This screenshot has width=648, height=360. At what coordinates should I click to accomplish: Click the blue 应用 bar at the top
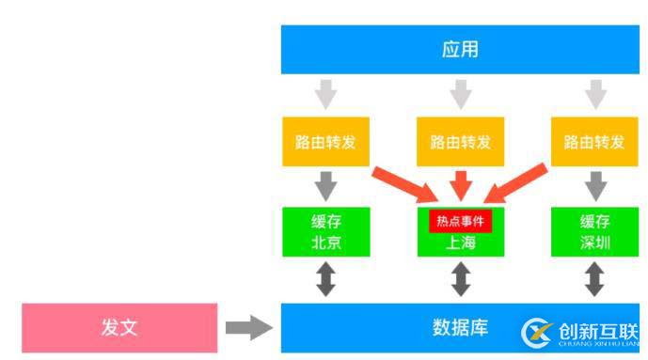coord(460,49)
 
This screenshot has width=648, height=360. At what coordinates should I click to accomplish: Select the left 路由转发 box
coord(325,142)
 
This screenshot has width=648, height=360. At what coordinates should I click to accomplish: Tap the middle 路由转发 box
coord(461,142)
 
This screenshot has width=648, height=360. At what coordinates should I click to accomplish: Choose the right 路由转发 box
coord(594,142)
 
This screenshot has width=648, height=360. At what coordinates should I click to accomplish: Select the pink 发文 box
coord(119,327)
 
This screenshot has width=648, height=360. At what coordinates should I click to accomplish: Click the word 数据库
coord(460,328)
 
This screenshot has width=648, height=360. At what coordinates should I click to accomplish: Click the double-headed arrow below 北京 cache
coord(325,279)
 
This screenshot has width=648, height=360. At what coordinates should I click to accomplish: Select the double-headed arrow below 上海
coord(461,279)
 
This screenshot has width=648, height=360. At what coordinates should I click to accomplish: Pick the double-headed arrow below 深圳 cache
coord(594,279)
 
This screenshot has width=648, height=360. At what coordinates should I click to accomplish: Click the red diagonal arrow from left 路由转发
coord(404,185)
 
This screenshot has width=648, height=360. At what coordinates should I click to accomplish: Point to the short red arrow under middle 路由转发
coord(461,184)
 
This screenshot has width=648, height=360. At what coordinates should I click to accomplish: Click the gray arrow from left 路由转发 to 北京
coord(325,185)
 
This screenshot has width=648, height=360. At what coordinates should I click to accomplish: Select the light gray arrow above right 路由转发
coord(594,94)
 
